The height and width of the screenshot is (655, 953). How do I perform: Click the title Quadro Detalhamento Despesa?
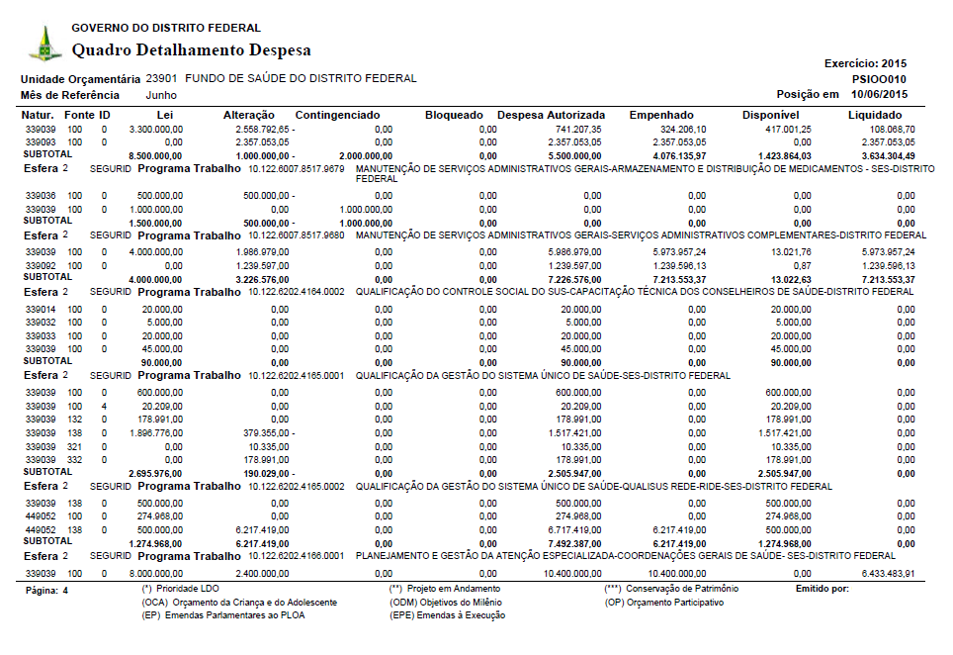(192, 49)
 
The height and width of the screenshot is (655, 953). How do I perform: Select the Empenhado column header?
(661, 116)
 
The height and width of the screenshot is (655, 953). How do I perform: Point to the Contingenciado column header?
(337, 116)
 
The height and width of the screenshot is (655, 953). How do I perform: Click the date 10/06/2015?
(878, 94)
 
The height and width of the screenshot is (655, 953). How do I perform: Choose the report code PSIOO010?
(879, 79)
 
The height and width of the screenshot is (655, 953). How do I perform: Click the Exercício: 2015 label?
(865, 63)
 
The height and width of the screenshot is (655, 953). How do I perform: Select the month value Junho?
(161, 95)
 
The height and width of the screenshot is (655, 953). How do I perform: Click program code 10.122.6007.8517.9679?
(297, 168)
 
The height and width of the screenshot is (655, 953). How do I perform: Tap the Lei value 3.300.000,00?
(155, 129)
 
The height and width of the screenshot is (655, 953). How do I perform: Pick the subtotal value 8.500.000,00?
(155, 155)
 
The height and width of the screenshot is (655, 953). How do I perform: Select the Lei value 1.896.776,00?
(155, 432)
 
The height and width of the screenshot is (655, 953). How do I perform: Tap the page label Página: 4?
(44, 590)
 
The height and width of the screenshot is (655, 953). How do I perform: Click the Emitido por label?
(822, 589)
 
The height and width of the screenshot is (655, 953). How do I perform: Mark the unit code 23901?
(161, 78)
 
